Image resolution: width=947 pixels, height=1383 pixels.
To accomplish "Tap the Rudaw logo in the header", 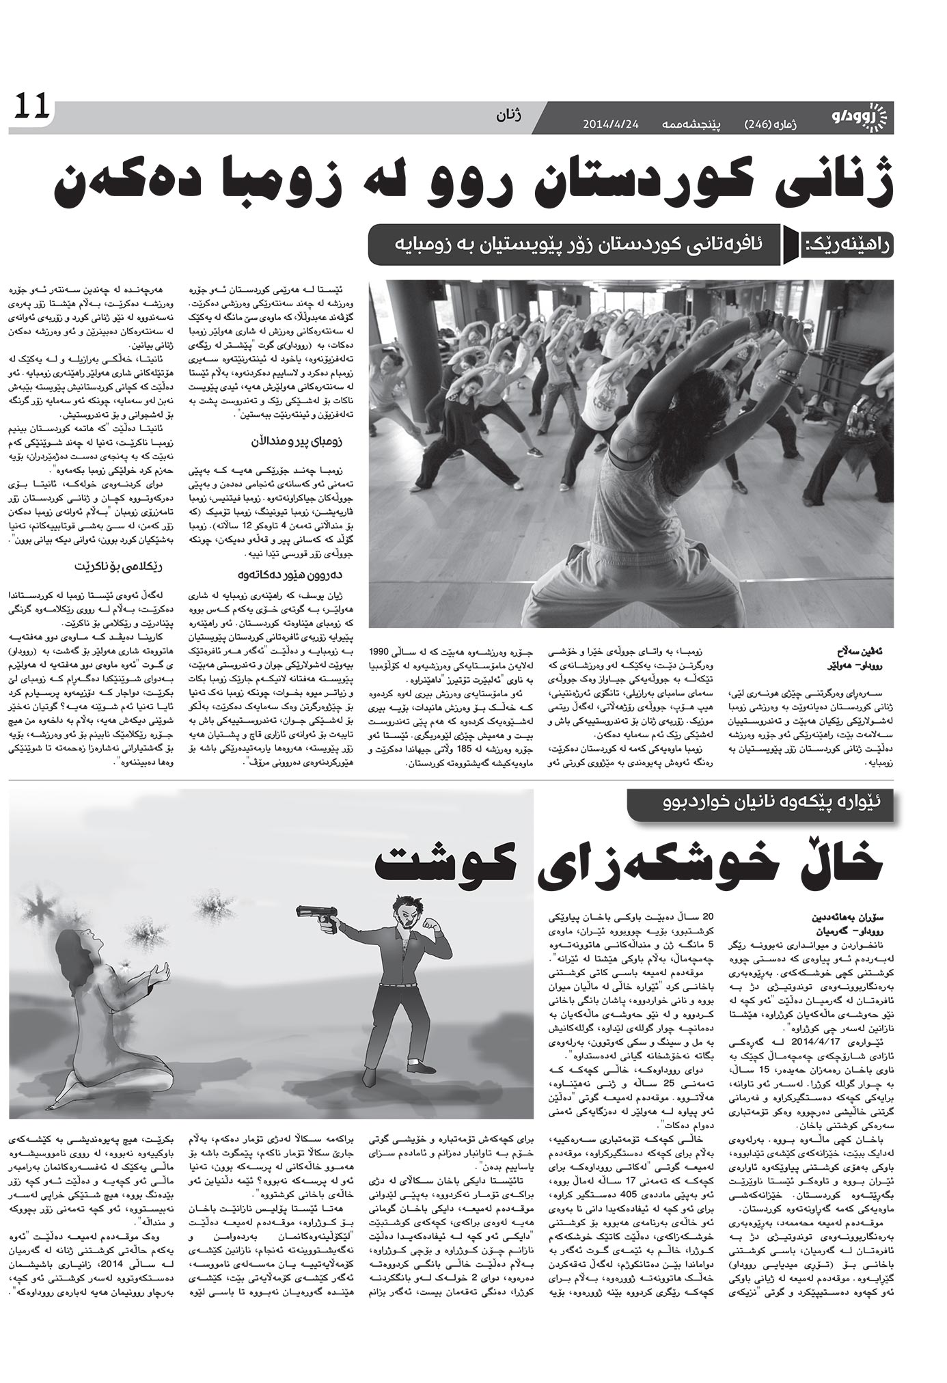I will [x=862, y=118].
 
